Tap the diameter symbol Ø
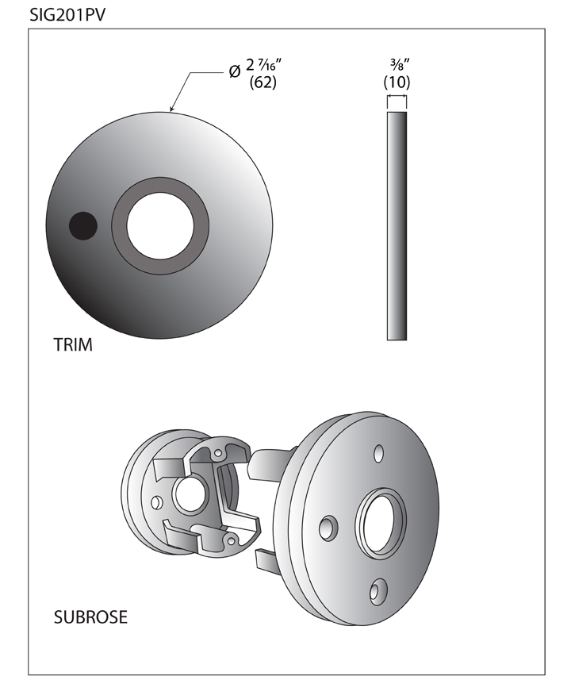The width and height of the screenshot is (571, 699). (x=235, y=71)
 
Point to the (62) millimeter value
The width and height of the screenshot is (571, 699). (x=263, y=83)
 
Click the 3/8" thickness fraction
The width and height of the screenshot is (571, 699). (x=396, y=64)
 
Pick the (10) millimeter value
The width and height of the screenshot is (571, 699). (x=396, y=82)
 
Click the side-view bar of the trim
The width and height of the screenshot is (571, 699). (x=397, y=226)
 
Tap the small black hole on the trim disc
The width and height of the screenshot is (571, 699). (x=82, y=226)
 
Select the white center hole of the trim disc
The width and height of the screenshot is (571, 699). (x=160, y=226)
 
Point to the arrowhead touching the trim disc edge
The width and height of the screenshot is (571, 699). (x=172, y=109)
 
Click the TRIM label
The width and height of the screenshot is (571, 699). (x=74, y=345)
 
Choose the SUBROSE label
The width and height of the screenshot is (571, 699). (x=90, y=616)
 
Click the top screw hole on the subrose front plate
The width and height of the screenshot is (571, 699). (x=378, y=453)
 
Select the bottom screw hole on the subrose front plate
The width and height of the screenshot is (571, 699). (x=378, y=590)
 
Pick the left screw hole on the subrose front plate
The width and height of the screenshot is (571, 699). (x=327, y=527)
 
